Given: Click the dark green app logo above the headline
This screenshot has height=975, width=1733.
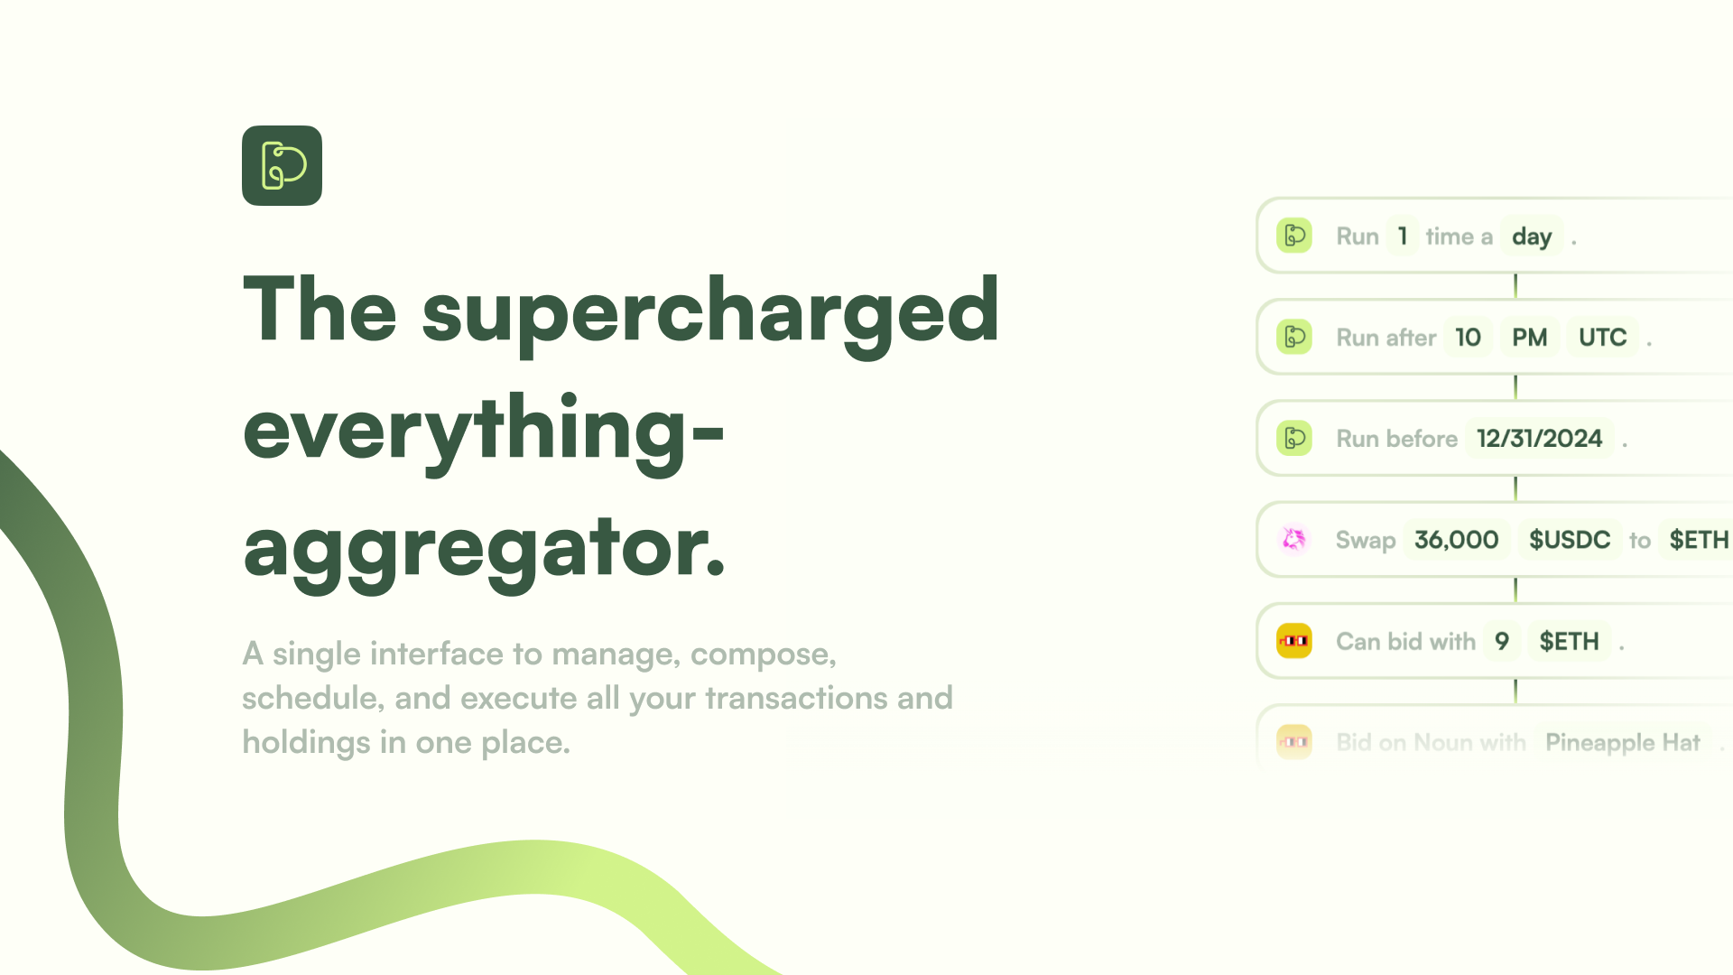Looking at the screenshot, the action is (x=282, y=165).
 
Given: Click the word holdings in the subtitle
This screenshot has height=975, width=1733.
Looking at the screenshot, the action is (x=306, y=742).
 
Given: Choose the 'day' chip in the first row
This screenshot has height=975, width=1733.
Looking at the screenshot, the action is (x=1532, y=237).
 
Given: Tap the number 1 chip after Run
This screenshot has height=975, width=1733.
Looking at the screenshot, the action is (x=1403, y=237).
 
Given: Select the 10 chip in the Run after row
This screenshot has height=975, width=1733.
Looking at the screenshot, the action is (x=1468, y=338).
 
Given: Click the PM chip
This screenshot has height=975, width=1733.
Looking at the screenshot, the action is (x=1530, y=338).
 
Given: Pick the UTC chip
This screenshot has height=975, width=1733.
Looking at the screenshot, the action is (x=1602, y=338).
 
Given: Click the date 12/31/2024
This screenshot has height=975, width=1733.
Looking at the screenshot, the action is (x=1539, y=439).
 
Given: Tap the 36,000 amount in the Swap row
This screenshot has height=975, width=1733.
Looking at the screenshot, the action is (x=1456, y=540).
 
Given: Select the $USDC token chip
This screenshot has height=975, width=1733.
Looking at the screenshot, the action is (x=1570, y=540).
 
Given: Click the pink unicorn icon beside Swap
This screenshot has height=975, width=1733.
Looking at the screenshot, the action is (x=1294, y=540).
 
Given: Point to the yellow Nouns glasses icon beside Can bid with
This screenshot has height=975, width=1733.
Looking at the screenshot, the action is (x=1294, y=641).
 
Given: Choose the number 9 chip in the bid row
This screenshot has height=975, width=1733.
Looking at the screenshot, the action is (x=1502, y=641).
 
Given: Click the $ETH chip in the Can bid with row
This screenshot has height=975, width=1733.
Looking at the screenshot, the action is (x=1569, y=641).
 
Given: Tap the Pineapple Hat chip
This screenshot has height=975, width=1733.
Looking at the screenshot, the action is (x=1623, y=742).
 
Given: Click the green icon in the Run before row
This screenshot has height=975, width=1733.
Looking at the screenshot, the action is (x=1294, y=439).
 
